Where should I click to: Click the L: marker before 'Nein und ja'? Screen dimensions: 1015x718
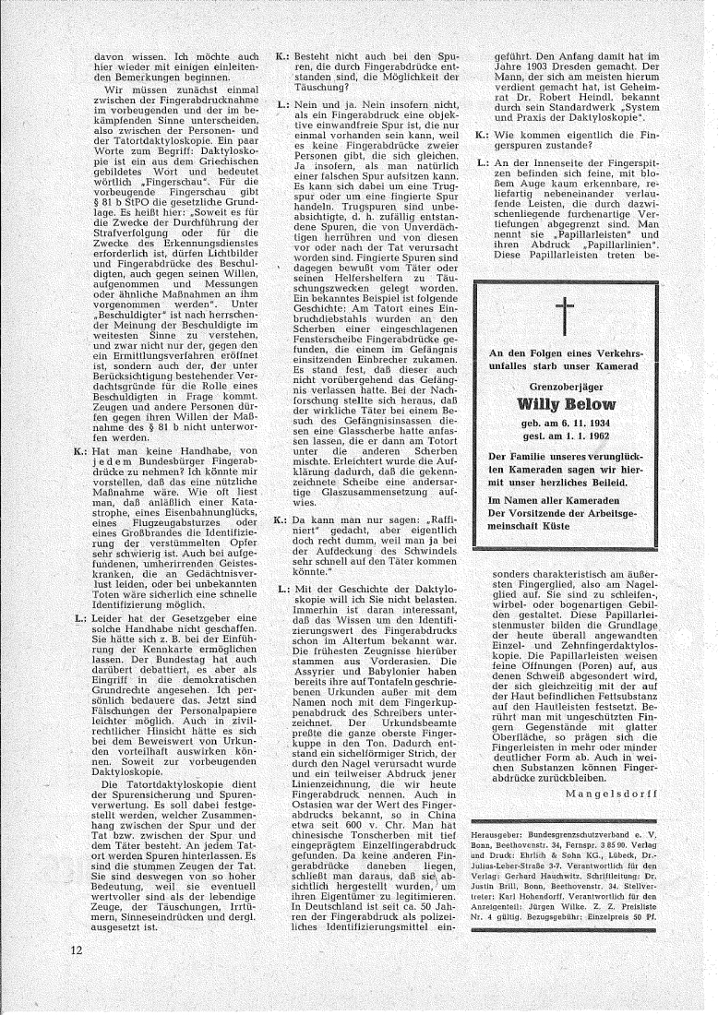tap(281, 107)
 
